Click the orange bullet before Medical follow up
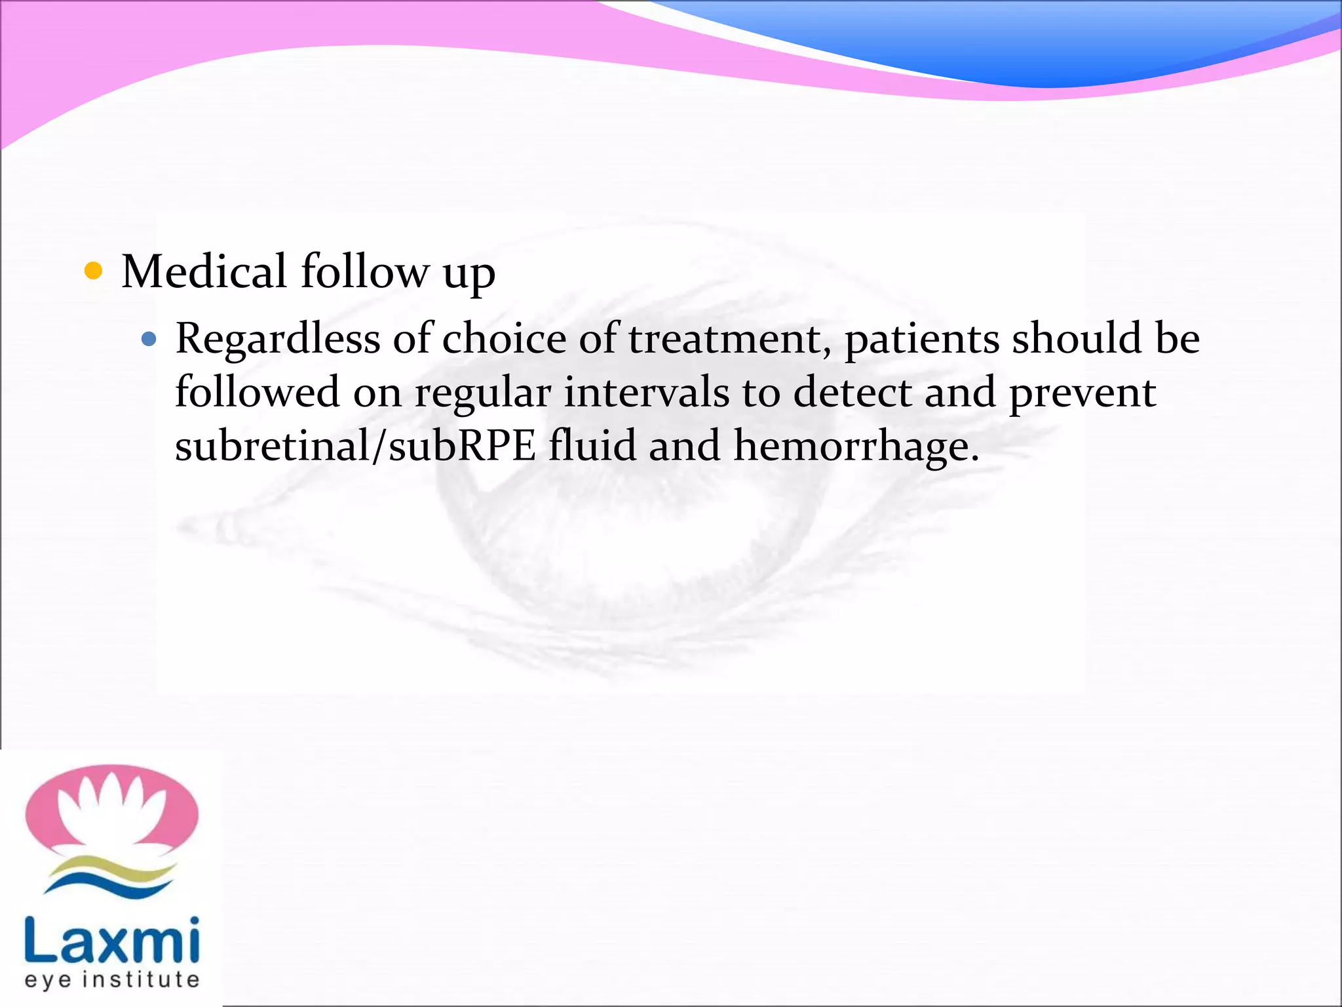[x=94, y=271]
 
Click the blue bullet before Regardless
[x=149, y=339]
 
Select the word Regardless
[x=277, y=340]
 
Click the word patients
[x=922, y=340]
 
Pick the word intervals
[x=646, y=393]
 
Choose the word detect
[x=853, y=393]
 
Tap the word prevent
[x=1082, y=393]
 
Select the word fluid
[x=592, y=446]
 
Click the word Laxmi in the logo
[x=112, y=940]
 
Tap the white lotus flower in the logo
[x=111, y=810]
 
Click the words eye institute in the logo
[x=112, y=980]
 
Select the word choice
[x=504, y=340]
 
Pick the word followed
[x=258, y=393]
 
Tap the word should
[x=1077, y=340]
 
